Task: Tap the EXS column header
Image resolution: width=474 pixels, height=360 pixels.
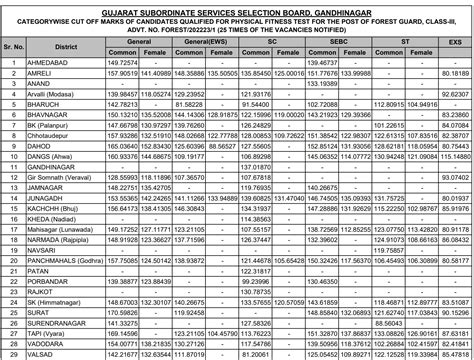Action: [x=455, y=44]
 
